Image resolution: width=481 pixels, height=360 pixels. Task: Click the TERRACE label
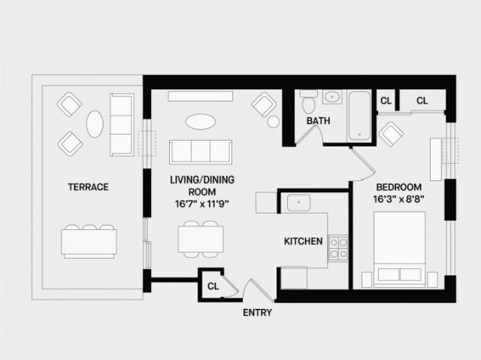point(89,187)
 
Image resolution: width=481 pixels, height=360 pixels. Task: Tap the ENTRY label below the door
point(257,313)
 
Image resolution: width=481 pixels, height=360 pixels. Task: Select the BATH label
point(319,121)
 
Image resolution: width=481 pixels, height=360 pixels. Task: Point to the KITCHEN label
point(304,241)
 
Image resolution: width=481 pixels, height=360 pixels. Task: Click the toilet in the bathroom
point(308,101)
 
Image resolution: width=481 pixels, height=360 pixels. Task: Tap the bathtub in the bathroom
point(359,116)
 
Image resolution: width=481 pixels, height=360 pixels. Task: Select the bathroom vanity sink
point(332,97)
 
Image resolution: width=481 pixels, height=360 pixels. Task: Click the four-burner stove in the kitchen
point(339,248)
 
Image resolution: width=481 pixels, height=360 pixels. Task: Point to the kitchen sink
point(298,202)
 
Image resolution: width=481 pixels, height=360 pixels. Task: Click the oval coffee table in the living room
point(201,122)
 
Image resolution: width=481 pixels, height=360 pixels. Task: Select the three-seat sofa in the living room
point(201,152)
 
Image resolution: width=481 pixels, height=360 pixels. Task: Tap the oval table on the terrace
point(95,124)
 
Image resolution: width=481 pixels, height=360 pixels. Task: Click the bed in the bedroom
point(399,250)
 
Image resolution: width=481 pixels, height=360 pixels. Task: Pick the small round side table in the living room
point(274,122)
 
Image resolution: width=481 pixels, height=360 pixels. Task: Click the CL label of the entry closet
point(213,286)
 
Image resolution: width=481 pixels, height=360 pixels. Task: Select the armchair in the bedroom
point(391,135)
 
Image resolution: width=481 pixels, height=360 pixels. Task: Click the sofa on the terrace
point(122,125)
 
